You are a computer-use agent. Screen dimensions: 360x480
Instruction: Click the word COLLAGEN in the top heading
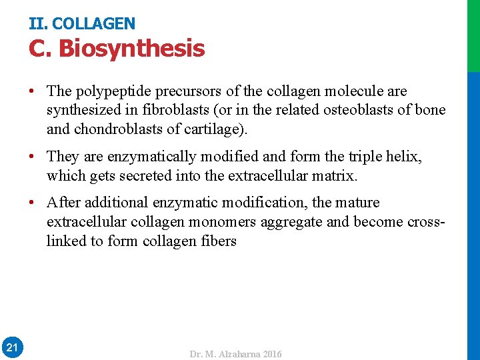(93, 24)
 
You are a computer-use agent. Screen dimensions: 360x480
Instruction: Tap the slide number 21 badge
(12, 347)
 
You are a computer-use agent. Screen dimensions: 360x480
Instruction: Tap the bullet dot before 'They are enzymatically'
(33, 157)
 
